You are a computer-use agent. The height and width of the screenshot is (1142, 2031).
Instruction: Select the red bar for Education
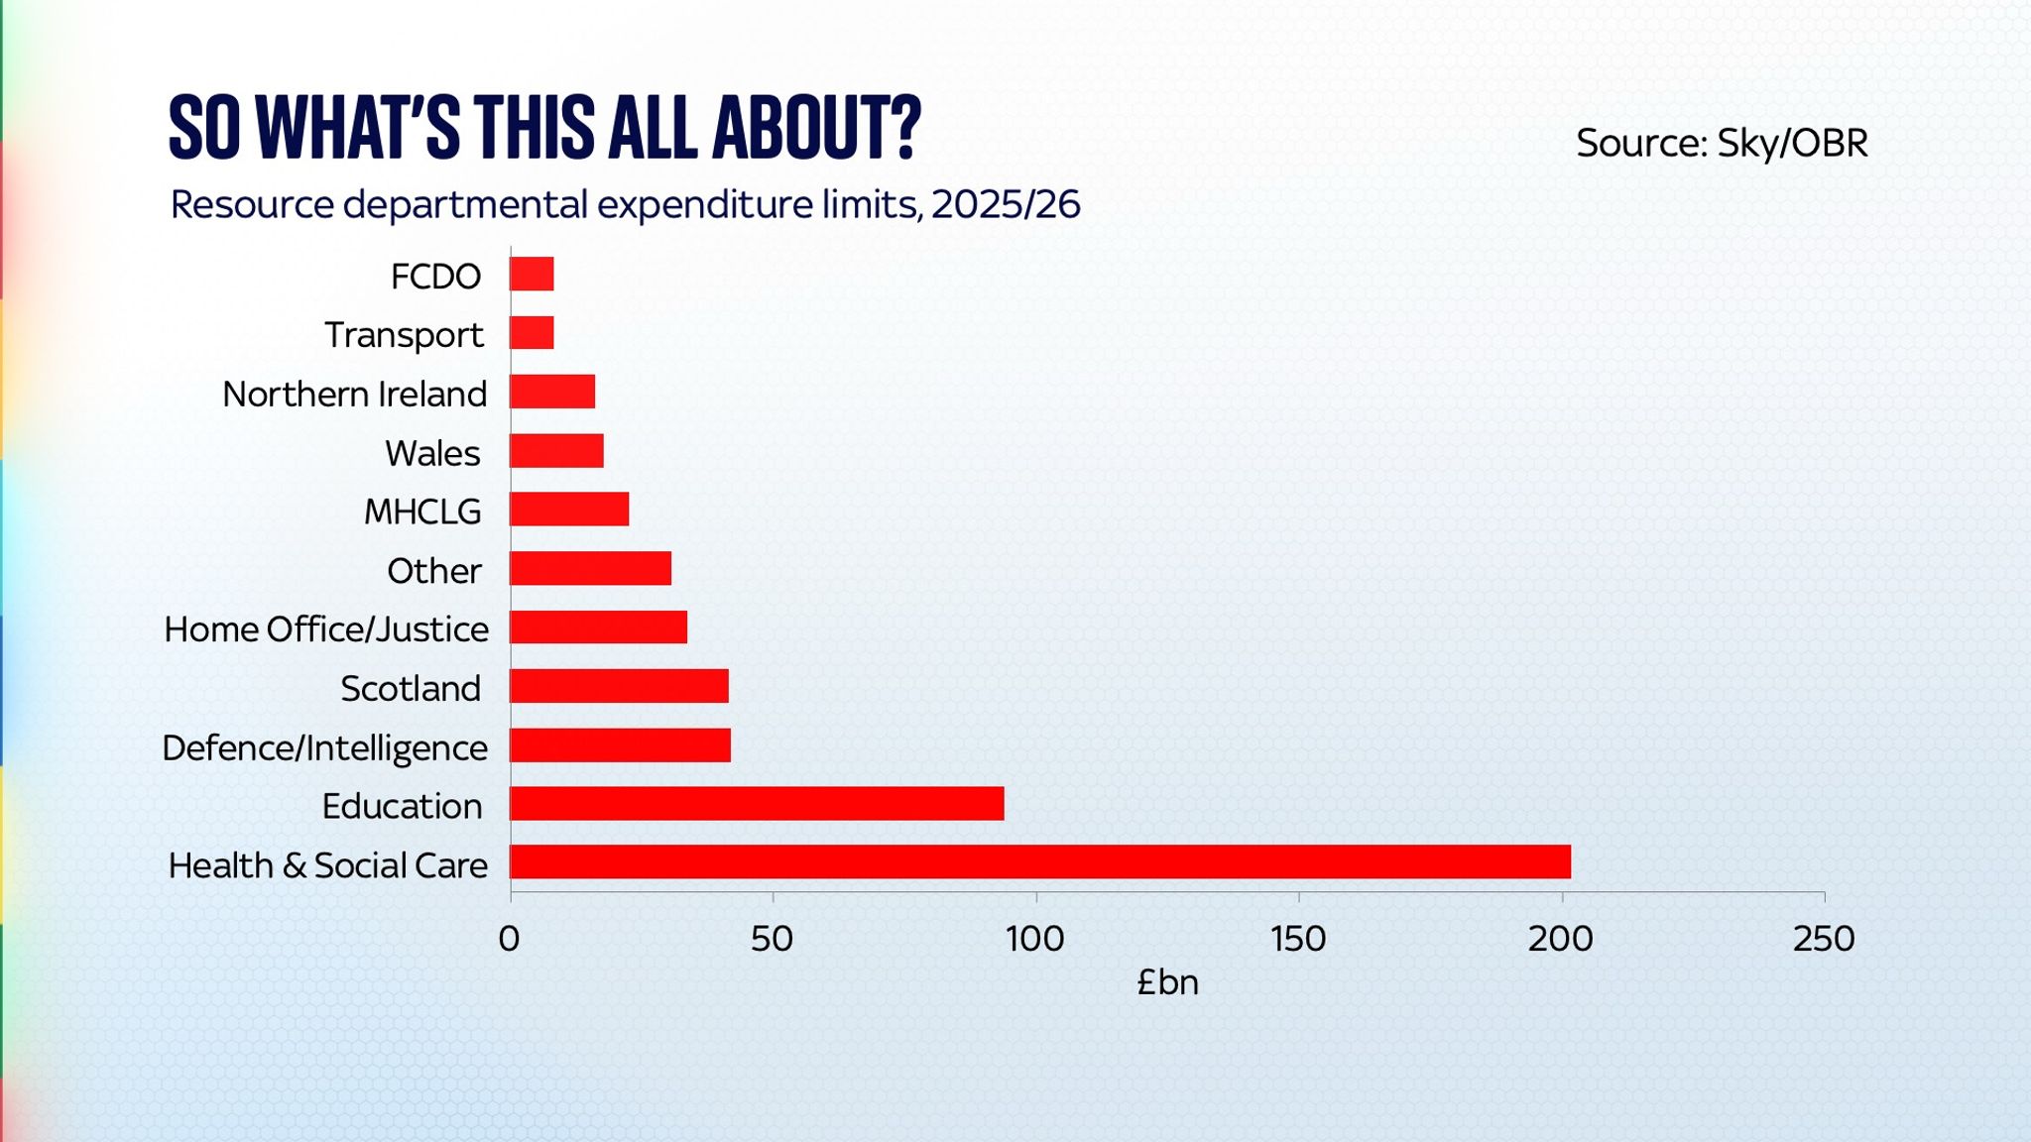click(x=757, y=804)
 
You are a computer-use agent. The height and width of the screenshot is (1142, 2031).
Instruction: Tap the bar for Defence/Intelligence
click(x=620, y=745)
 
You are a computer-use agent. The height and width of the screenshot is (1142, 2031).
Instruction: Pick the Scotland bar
click(x=619, y=686)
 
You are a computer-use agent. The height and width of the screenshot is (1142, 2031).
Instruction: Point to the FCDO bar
click(x=532, y=275)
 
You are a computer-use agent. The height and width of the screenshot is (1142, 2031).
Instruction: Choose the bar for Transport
click(x=532, y=333)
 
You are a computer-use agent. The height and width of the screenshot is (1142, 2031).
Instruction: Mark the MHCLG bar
click(x=569, y=510)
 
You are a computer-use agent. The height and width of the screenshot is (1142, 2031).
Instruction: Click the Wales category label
click(x=432, y=453)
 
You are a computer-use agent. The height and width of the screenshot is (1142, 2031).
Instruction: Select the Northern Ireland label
click(x=354, y=395)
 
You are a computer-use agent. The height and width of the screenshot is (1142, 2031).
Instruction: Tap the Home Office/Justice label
click(x=326, y=629)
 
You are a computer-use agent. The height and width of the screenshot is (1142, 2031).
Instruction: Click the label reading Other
click(x=433, y=571)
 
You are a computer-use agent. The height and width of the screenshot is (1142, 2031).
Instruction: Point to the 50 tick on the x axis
click(x=772, y=938)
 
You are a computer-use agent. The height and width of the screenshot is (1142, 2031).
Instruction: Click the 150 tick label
click(x=1297, y=938)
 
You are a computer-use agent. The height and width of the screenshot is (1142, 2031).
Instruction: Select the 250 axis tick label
click(x=1823, y=938)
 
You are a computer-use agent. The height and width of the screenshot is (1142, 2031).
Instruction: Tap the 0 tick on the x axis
click(x=510, y=938)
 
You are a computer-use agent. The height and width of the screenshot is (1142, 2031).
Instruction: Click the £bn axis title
click(x=1167, y=982)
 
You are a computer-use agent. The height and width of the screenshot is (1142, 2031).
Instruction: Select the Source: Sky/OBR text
click(x=1722, y=144)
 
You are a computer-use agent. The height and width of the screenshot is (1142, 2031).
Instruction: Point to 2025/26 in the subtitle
click(x=1006, y=204)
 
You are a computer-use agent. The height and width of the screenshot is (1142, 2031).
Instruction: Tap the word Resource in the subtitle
click(x=252, y=204)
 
